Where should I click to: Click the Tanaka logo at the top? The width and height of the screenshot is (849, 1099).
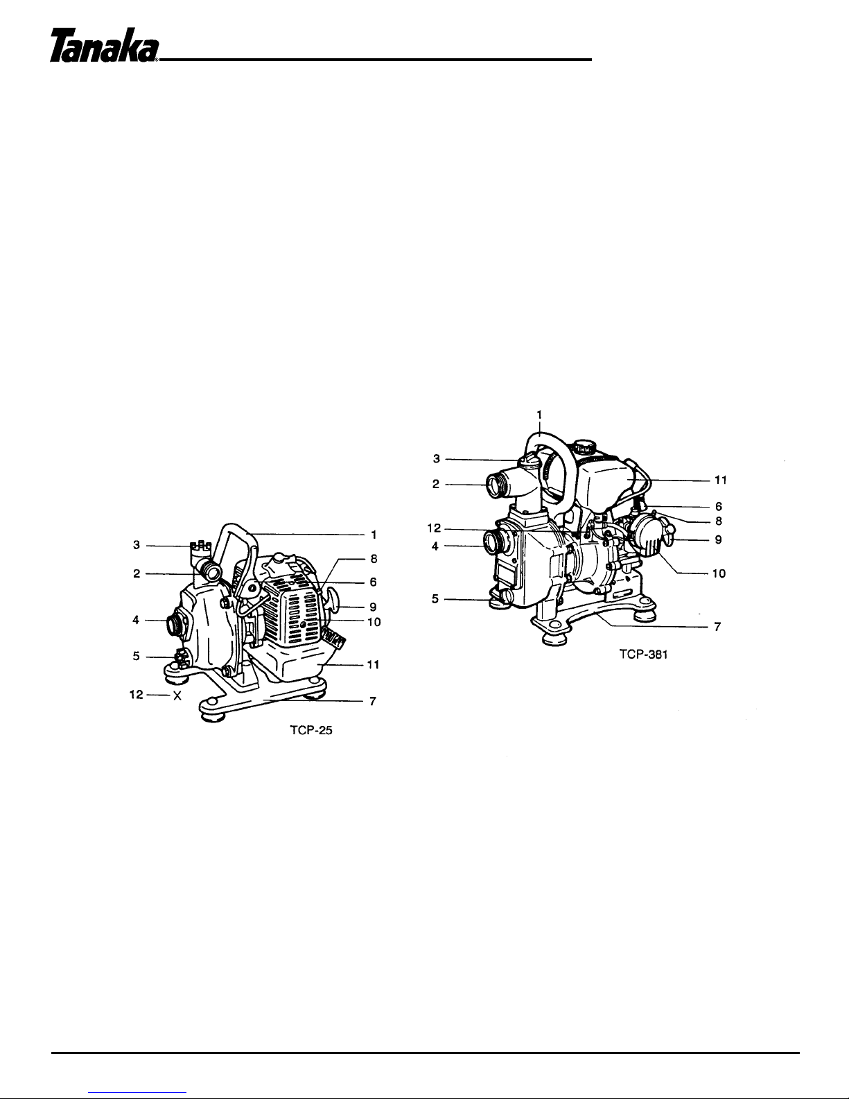(x=104, y=45)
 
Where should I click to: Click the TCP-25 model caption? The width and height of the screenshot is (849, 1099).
(x=311, y=730)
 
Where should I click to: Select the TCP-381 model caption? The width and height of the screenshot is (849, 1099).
(x=643, y=655)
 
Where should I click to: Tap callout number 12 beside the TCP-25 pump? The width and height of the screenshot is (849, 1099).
(x=137, y=695)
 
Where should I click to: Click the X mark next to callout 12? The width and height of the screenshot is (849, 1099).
(x=177, y=696)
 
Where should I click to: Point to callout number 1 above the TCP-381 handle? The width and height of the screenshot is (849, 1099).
(x=539, y=415)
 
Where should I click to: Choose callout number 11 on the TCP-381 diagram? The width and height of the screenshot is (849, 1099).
(x=721, y=480)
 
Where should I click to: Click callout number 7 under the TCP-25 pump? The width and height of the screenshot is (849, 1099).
(x=372, y=702)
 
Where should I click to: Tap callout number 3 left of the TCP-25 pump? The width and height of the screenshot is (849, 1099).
(x=137, y=545)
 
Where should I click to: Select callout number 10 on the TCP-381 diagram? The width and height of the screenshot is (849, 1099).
(x=719, y=573)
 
